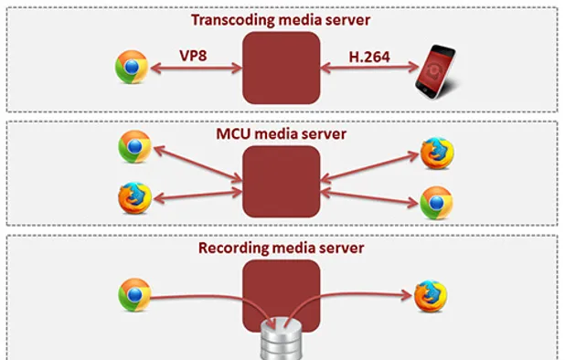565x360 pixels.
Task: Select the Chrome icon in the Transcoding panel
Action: click(x=132, y=68)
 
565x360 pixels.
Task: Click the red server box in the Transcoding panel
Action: click(x=282, y=68)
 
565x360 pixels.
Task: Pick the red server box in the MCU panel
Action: click(x=282, y=181)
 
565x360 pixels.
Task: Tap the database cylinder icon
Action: click(x=282, y=344)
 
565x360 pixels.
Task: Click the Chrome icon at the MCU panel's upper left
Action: click(x=134, y=146)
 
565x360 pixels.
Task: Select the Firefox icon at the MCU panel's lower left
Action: click(x=134, y=198)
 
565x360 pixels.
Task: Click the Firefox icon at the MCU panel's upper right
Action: click(x=435, y=150)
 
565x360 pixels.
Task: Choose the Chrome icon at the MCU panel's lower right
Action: click(x=435, y=202)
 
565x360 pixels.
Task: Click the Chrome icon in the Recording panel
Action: click(x=133, y=295)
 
